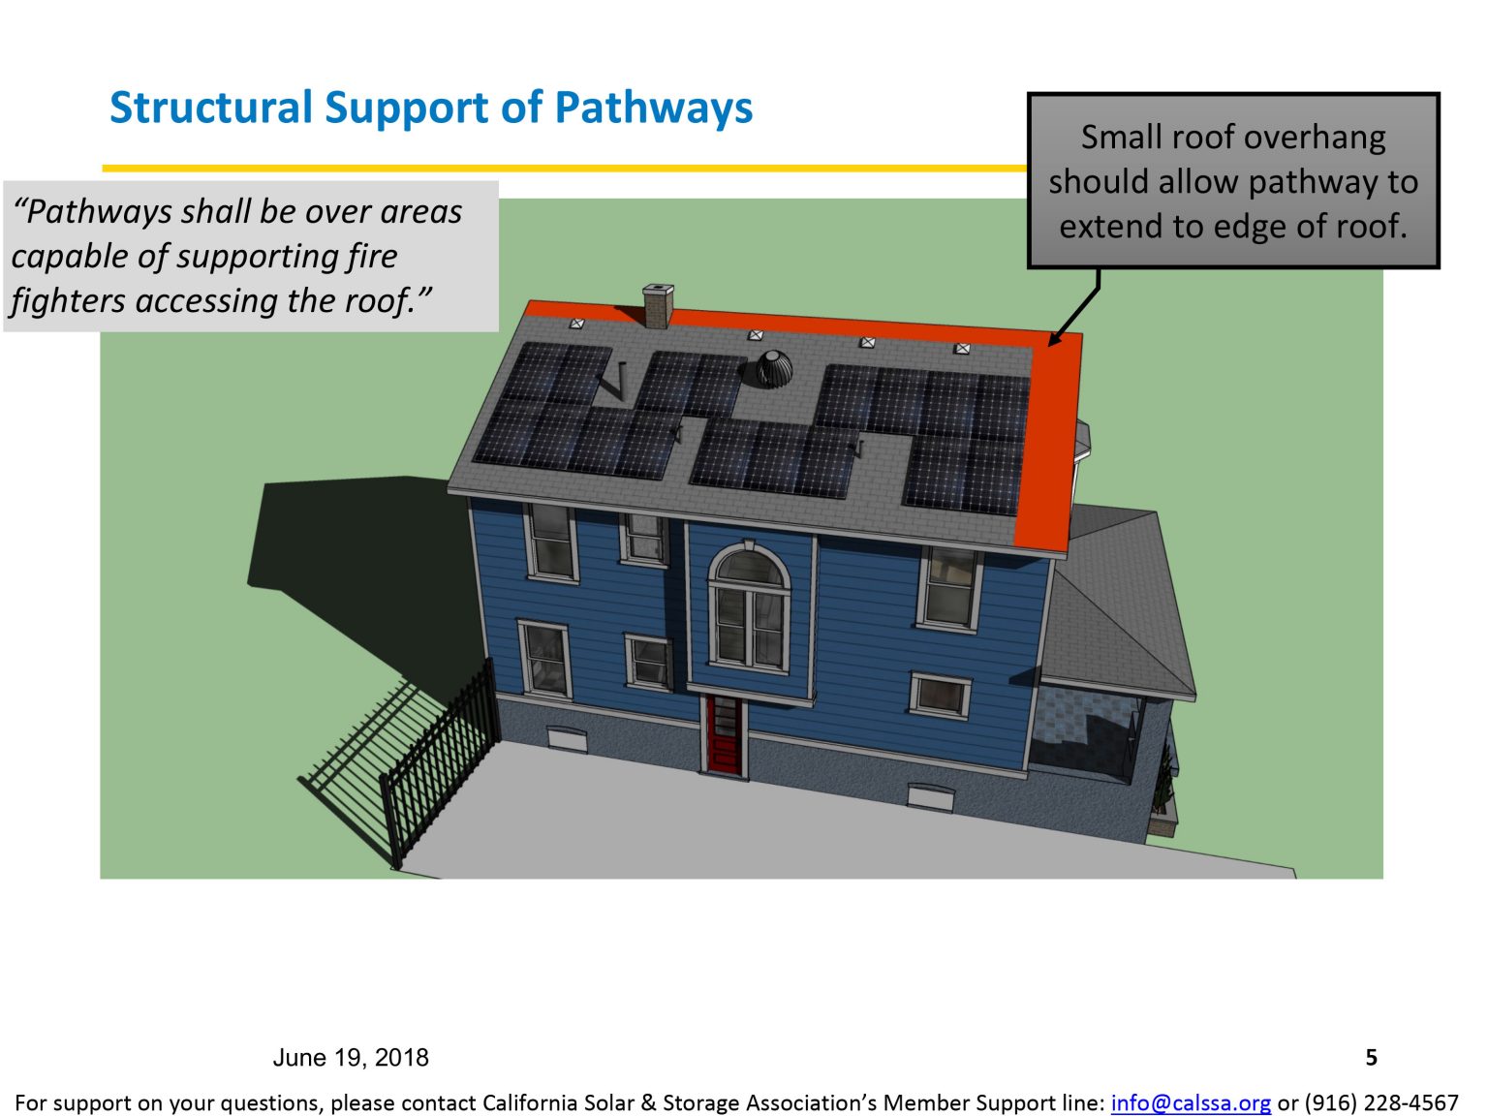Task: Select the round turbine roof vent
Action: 773,368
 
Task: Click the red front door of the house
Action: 723,733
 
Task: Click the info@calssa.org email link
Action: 1190,1102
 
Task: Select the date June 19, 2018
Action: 351,1057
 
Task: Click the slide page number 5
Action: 1371,1057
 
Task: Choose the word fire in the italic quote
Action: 372,256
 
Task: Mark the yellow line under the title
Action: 562,169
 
